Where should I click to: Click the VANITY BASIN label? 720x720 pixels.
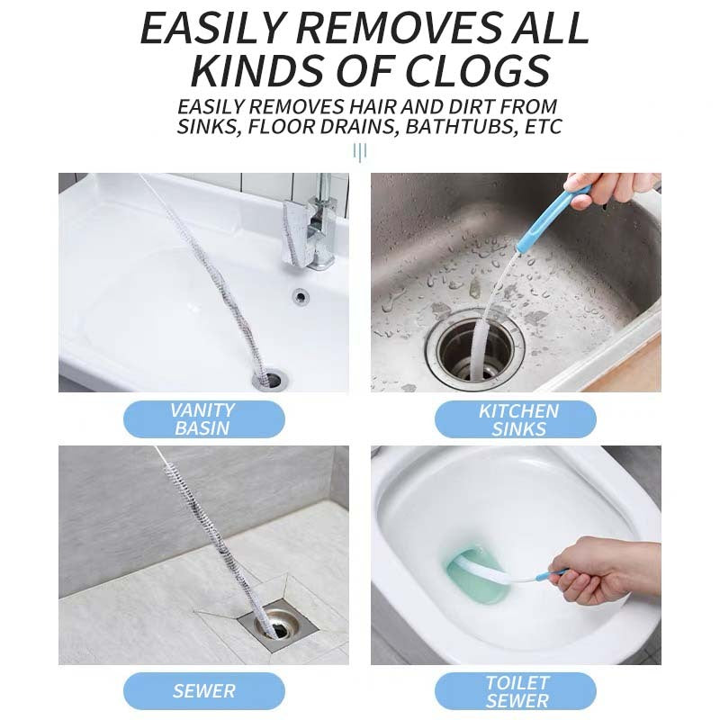204,418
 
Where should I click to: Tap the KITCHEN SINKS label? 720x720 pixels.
516,419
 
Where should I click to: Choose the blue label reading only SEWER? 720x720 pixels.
204,691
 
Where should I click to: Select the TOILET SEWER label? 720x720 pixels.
516,691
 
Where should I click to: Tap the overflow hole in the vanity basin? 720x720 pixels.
301,297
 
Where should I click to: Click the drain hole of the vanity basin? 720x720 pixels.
270,379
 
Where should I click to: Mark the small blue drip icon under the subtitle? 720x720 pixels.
359,152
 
